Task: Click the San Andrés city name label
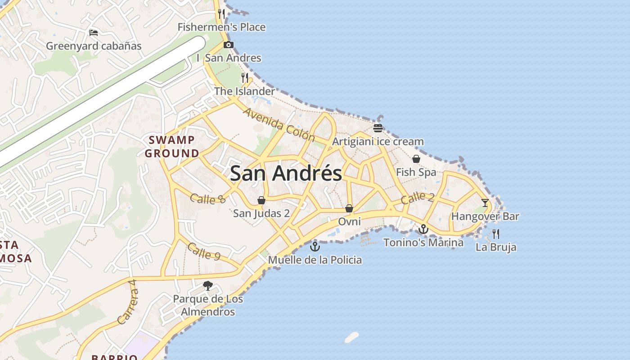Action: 286,173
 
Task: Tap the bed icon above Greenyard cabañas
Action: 94,32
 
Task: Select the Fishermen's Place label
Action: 221,27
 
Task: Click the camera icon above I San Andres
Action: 229,45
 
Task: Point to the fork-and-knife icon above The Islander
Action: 245,78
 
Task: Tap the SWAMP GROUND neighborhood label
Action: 172,147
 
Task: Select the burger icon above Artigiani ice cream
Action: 378,128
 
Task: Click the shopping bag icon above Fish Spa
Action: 416,159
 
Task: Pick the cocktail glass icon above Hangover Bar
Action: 485,203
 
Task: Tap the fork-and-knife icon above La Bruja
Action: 496,234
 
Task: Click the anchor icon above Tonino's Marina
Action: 423,229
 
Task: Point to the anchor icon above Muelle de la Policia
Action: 315,247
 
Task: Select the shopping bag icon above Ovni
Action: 349,208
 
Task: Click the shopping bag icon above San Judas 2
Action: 261,200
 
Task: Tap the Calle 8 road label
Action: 207,198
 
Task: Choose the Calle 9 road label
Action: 204,251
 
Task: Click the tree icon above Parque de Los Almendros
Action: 208,285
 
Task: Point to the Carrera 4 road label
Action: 128,302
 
